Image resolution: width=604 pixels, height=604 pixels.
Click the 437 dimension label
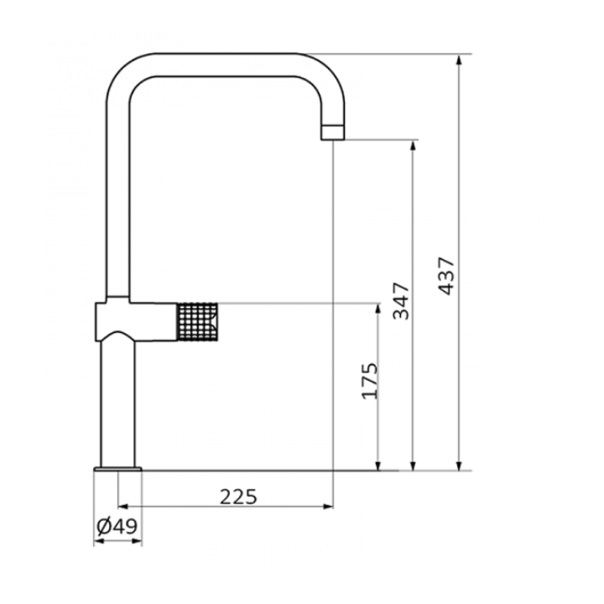pos(448,276)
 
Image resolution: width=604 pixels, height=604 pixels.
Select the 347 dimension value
pos(401,301)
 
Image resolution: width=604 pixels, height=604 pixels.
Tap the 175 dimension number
pos(371,381)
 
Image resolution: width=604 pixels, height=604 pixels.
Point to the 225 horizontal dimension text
pos(238,497)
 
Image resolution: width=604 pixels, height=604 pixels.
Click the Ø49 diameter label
pos(117,526)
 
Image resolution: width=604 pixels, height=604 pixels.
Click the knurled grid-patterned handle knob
pos(197,322)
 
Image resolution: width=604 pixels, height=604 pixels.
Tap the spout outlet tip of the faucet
pos(333,133)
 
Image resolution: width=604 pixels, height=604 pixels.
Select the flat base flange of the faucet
pos(117,469)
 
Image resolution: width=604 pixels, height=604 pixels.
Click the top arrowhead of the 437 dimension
pos(458,60)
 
